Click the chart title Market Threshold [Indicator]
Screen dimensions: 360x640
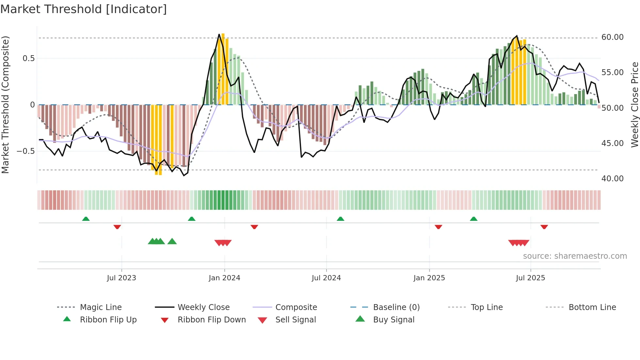pyautogui.click(x=84, y=9)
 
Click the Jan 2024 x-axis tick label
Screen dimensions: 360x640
pyautogui.click(x=224, y=278)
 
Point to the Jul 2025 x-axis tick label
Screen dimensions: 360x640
pyautogui.click(x=530, y=278)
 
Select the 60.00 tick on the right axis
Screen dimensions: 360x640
pyautogui.click(x=612, y=37)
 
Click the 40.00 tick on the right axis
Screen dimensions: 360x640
pyautogui.click(x=612, y=178)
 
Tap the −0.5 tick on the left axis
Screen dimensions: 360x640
pyautogui.click(x=26, y=151)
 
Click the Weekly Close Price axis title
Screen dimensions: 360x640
pyautogui.click(x=634, y=105)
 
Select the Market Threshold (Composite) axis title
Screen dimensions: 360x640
pyautogui.click(x=5, y=105)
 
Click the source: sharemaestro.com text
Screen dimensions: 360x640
pyautogui.click(x=575, y=256)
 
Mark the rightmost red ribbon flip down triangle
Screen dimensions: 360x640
pyautogui.click(x=544, y=227)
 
